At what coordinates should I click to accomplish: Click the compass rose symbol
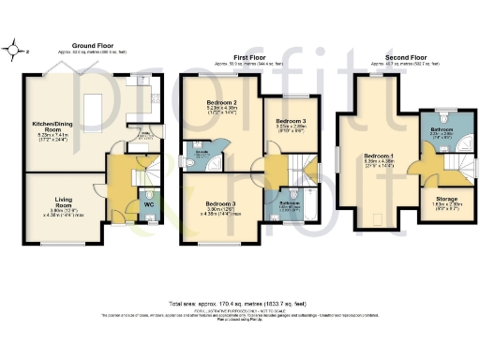(x=15, y=51)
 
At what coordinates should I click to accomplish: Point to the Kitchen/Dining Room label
(x=53, y=127)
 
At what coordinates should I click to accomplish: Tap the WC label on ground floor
(x=148, y=203)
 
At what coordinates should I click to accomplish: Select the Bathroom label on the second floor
(x=442, y=128)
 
